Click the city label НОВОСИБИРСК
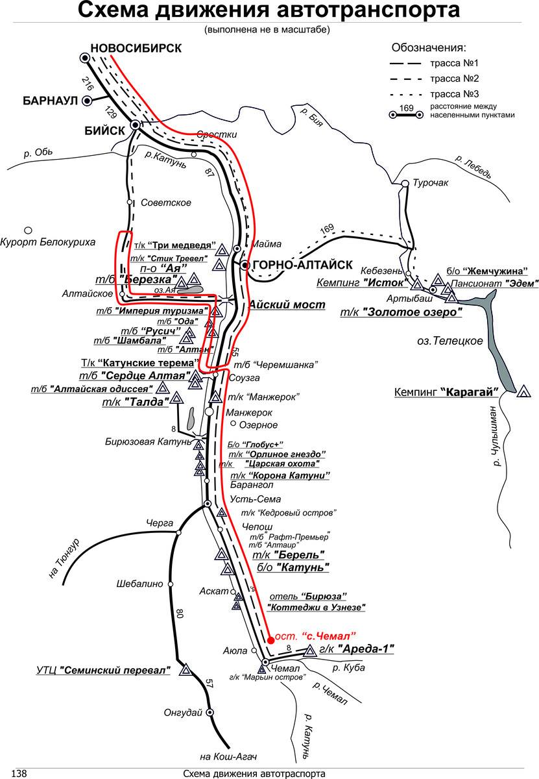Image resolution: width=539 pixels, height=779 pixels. point(136,47)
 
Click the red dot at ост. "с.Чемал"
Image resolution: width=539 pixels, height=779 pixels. point(270,639)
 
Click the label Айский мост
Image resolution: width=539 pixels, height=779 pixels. point(286,304)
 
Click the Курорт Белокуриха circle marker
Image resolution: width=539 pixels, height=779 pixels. point(28,230)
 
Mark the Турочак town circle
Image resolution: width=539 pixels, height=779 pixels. point(405,184)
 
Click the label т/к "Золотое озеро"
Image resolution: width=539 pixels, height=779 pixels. point(401,312)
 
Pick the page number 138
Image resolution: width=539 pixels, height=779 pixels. point(19,773)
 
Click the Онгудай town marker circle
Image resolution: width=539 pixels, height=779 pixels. point(210,711)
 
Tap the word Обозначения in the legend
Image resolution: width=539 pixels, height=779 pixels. point(429,49)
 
